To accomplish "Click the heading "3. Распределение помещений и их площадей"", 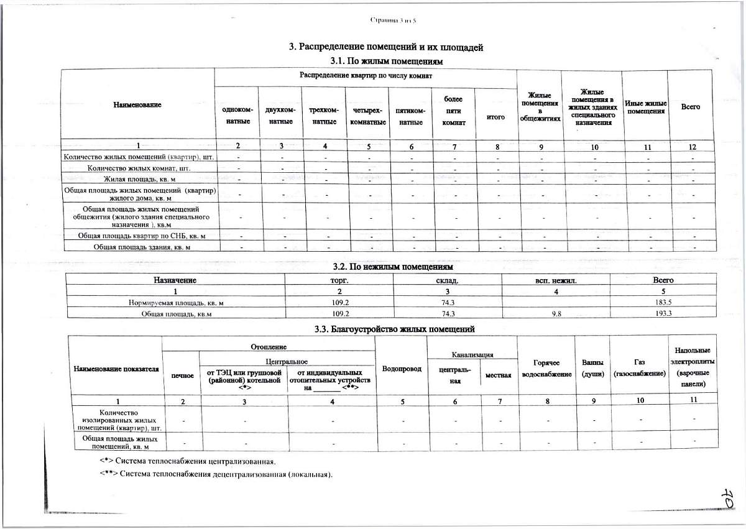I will (x=386, y=47).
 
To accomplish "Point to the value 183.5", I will (x=663, y=303).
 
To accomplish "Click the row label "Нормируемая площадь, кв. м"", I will (x=176, y=303).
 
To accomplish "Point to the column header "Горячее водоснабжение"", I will (x=547, y=368).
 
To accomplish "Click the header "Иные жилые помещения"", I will (x=645, y=107).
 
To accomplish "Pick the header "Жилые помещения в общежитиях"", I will (x=540, y=106).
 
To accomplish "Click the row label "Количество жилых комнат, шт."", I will (x=139, y=168).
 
